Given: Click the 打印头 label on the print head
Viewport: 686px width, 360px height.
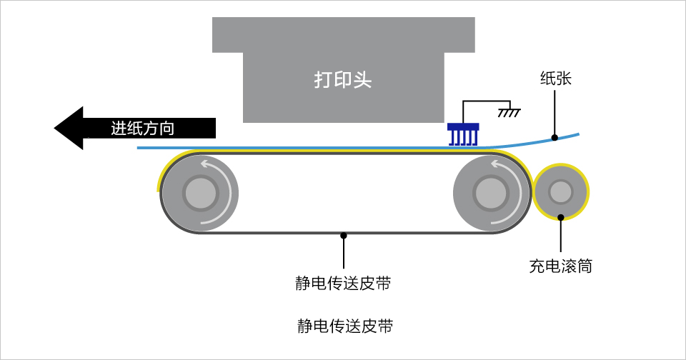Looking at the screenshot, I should [x=343, y=79].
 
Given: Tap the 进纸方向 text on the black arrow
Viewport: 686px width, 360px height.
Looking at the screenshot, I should [x=143, y=129].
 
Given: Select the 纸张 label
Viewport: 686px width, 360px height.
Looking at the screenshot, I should [x=555, y=79].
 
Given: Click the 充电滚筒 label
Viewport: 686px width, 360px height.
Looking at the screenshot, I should [x=560, y=267].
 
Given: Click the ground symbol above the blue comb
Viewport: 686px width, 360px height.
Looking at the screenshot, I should [x=508, y=111].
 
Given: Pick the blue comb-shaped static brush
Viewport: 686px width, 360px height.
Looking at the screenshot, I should [x=462, y=134].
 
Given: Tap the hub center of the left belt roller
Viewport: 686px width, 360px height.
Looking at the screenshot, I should [x=199, y=193].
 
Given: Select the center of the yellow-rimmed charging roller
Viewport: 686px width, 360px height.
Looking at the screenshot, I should [x=561, y=191].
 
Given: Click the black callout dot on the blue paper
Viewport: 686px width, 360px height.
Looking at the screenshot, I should [x=555, y=137].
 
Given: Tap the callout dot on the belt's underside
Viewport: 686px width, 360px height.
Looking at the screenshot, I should [x=344, y=234].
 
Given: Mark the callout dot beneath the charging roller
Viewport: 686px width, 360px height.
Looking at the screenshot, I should [x=561, y=217].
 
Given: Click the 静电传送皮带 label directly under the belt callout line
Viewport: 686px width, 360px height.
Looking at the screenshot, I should [x=344, y=283].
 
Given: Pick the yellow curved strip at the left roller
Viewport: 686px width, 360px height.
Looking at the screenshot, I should [x=164, y=171].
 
